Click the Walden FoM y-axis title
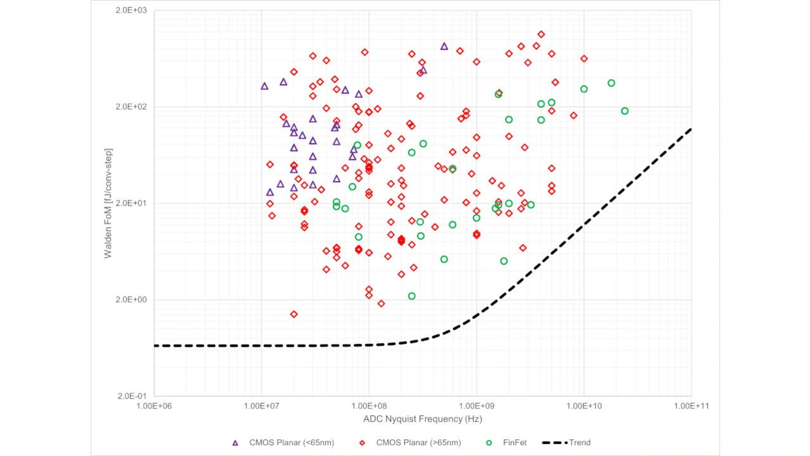coord(108,203)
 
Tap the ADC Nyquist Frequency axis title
coord(423,419)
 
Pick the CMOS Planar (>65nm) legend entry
coord(411,443)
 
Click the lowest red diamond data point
coord(294,314)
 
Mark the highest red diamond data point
coord(541,34)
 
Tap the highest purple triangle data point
coord(444,46)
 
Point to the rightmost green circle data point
coord(625,111)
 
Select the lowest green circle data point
coord(411,296)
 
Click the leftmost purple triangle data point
coord(265,86)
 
